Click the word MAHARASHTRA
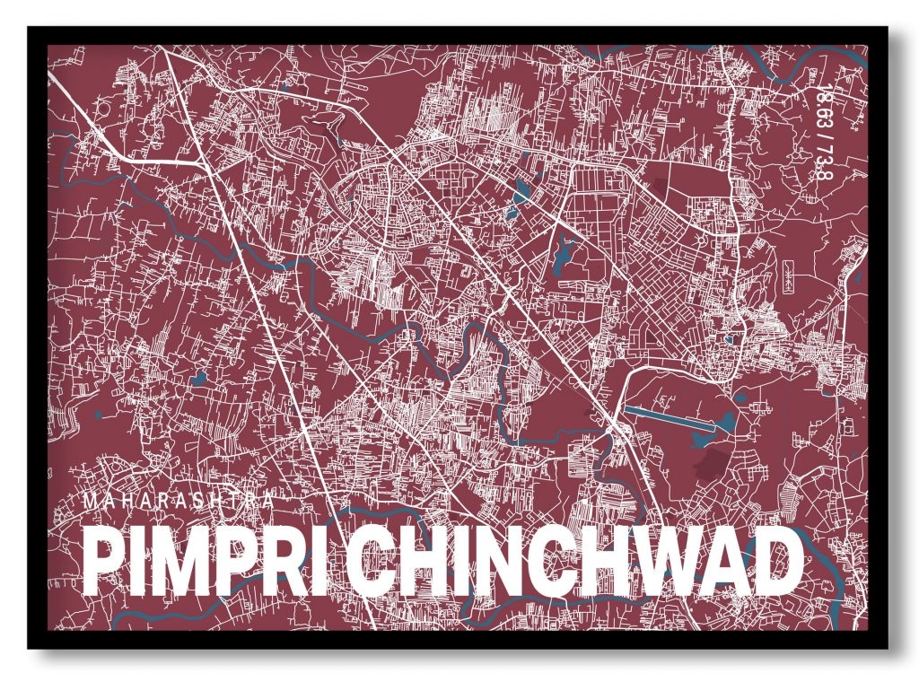click(x=178, y=503)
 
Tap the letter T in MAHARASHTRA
click(x=233, y=503)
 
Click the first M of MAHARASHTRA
click(x=90, y=503)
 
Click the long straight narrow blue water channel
click(x=669, y=416)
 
